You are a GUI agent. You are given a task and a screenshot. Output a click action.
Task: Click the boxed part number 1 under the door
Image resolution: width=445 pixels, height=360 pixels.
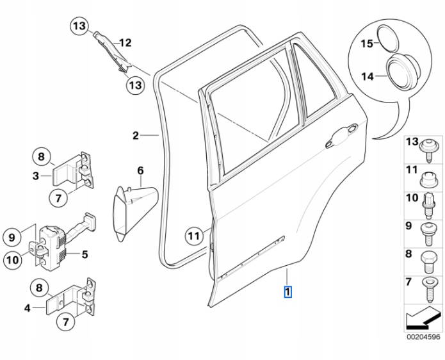click(288, 293)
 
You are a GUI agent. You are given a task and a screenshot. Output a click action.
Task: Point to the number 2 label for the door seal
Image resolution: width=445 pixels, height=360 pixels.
click(136, 135)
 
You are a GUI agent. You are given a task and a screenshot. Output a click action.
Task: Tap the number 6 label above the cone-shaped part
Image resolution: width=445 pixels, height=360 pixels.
click(141, 170)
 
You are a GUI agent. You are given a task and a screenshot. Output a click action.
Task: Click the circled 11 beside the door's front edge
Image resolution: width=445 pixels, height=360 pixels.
click(194, 236)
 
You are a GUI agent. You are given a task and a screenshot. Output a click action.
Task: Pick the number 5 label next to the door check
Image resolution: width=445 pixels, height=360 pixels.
click(84, 254)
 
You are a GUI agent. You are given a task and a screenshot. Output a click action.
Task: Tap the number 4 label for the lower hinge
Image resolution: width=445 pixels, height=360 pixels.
click(28, 307)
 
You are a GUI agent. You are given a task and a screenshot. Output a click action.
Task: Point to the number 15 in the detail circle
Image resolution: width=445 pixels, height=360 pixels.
click(366, 44)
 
